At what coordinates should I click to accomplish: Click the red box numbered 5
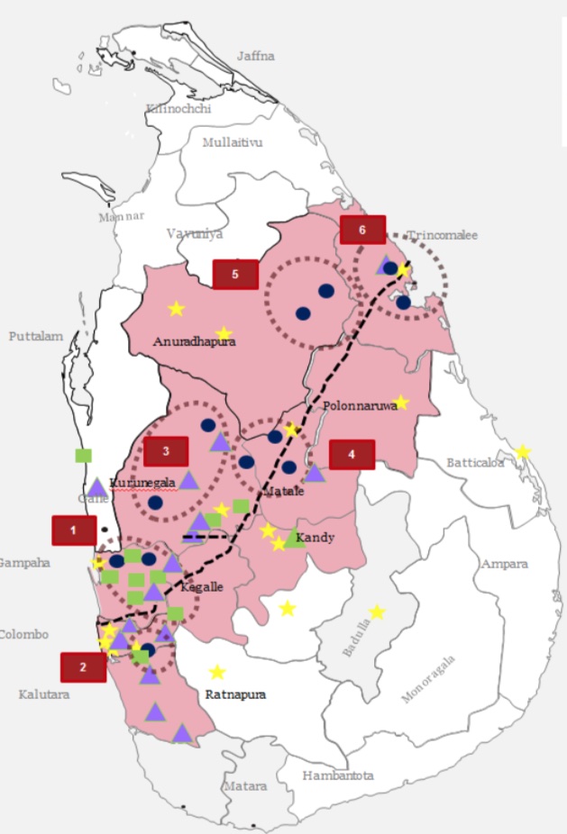point(235,275)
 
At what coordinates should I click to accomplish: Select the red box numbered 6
point(362,230)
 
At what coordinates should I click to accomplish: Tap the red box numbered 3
point(165,451)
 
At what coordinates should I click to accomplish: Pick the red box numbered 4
point(352,455)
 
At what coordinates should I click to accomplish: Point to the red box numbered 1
point(74,530)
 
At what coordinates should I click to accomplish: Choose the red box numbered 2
point(83,667)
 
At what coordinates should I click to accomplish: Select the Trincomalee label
point(442,235)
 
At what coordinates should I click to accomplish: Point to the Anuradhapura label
point(194,342)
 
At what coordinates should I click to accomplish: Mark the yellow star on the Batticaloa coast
point(522,451)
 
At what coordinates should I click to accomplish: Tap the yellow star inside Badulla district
point(377,612)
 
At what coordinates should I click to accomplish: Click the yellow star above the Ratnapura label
point(216,672)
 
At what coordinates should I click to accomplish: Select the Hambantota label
point(337,775)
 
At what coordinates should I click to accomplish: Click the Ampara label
point(505,564)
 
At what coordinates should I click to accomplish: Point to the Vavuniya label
point(194,233)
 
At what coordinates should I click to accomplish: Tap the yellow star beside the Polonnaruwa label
point(401,403)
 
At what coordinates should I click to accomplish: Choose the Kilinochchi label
point(178,108)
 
